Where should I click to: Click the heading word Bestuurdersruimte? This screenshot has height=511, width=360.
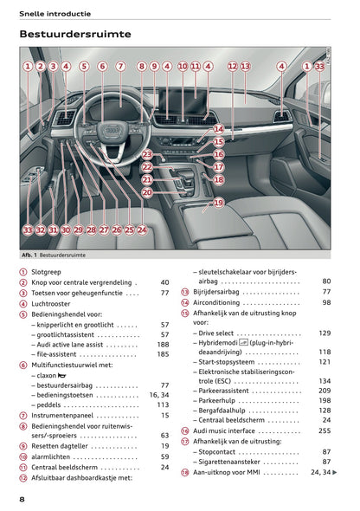(x=75, y=34)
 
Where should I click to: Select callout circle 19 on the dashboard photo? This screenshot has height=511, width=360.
(x=218, y=203)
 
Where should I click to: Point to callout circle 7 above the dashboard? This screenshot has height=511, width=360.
(x=121, y=66)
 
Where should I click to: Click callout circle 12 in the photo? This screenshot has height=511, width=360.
(x=232, y=66)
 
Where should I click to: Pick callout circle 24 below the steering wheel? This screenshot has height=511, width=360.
(x=142, y=230)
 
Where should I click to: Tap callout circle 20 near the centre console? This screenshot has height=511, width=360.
(x=147, y=192)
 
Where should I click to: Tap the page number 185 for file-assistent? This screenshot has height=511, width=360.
(x=163, y=354)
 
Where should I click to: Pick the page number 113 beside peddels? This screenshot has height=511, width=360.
(x=163, y=404)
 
